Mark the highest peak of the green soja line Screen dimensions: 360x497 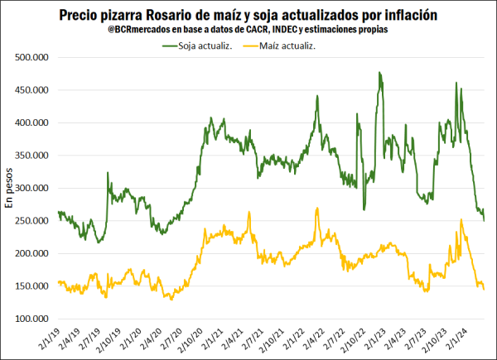379,73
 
